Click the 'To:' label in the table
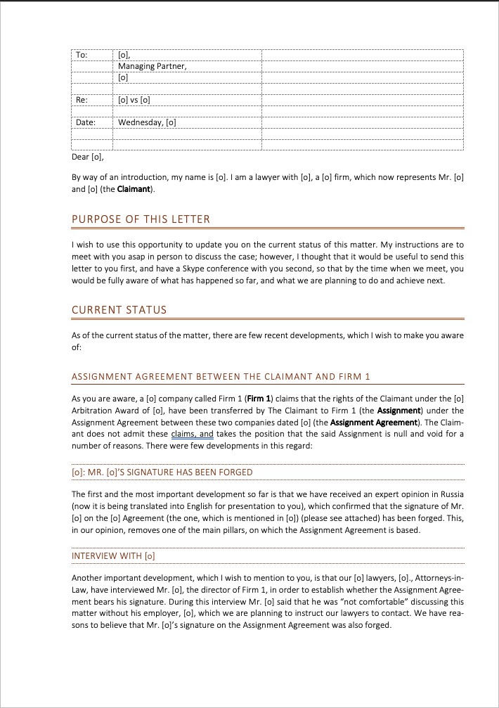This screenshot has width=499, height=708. click(x=82, y=55)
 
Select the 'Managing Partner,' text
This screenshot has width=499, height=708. click(x=153, y=66)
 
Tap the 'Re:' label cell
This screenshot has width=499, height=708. click(x=82, y=100)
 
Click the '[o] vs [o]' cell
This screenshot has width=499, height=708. click(x=134, y=100)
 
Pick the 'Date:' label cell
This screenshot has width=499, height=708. click(x=85, y=122)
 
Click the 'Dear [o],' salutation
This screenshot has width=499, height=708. click(x=88, y=157)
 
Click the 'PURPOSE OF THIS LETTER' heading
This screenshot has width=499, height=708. click(x=141, y=219)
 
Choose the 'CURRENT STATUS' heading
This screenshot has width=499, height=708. click(x=119, y=309)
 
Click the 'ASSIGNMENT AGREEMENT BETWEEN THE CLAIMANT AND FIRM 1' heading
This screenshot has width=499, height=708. click(x=221, y=377)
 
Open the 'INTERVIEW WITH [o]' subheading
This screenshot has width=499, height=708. click(x=113, y=556)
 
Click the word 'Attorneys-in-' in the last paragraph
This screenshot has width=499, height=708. click(x=439, y=578)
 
